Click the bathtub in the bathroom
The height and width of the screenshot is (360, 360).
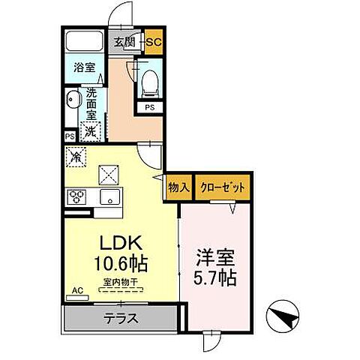click(x=84, y=41)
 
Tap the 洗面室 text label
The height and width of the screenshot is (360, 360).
click(x=90, y=106)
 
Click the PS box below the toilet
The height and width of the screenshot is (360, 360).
click(x=150, y=107)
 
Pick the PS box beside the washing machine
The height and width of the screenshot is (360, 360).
click(x=69, y=137)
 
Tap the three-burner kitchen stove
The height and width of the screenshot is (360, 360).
click(x=76, y=198)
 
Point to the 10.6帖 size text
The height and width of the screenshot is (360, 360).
click(x=120, y=264)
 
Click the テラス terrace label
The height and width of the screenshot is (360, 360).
click(x=121, y=317)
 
